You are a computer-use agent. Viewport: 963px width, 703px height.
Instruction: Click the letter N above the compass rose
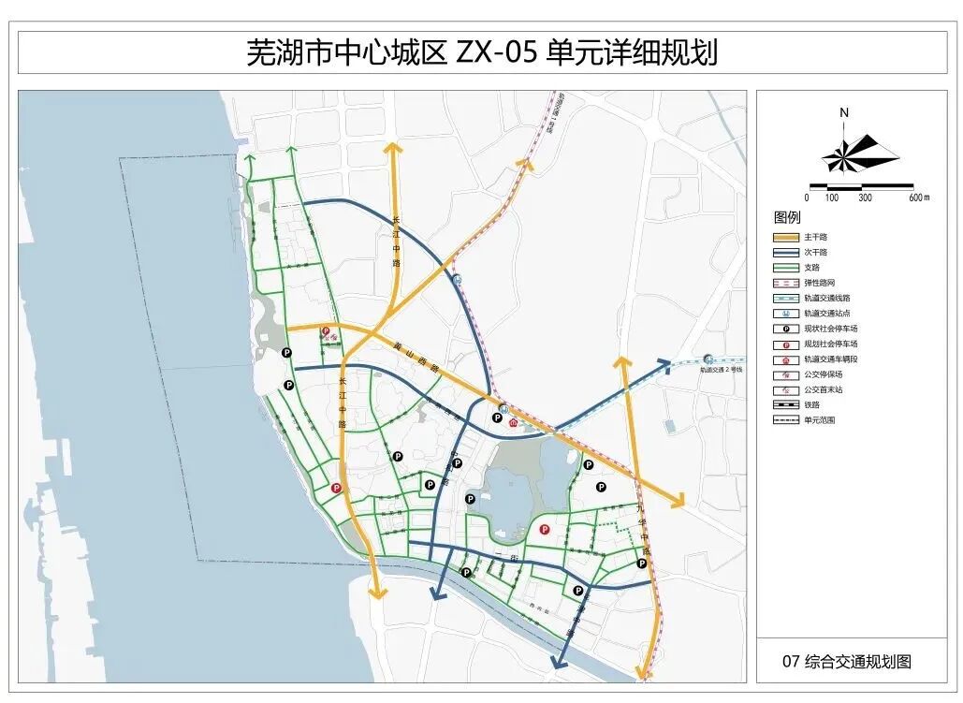coord(843,112)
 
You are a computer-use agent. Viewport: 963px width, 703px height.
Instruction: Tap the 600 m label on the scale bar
coord(919,198)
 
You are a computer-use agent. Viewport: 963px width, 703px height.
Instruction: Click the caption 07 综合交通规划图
coord(847,662)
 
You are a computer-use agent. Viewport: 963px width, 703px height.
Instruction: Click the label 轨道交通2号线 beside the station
coord(721,370)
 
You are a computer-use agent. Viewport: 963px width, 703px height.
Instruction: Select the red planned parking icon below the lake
coord(543,530)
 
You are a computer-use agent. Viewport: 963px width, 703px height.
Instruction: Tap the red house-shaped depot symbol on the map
coord(513,422)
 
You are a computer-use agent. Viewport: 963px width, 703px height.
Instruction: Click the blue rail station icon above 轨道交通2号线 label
coord(708,358)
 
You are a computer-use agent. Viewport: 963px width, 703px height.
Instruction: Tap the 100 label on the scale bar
coord(831,198)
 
